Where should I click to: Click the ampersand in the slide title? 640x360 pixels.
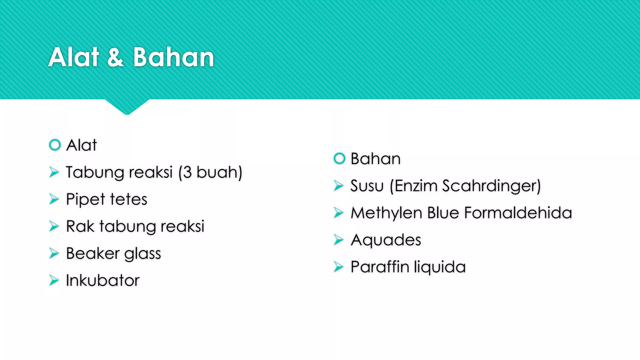tap(116, 57)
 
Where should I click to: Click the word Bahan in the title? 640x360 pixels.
tap(174, 57)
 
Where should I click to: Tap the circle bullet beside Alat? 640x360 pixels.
tap(55, 145)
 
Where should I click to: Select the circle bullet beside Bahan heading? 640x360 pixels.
tap(339, 158)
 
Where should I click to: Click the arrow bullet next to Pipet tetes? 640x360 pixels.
tap(54, 199)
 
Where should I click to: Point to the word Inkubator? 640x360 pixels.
tap(102, 280)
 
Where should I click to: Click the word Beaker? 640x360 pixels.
tap(93, 253)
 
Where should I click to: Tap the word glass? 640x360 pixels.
tap(142, 254)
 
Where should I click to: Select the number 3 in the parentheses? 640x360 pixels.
tap(187, 172)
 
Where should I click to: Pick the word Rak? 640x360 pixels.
tap(80, 226)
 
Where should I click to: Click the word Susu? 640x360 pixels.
tap(367, 186)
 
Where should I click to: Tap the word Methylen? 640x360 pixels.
tap(387, 213)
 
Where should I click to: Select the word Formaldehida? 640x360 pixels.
tap(518, 213)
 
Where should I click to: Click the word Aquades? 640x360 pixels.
tap(386, 240)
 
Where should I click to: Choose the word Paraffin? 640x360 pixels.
tap(380, 267)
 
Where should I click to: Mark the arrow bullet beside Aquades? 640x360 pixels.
tap(338, 240)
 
